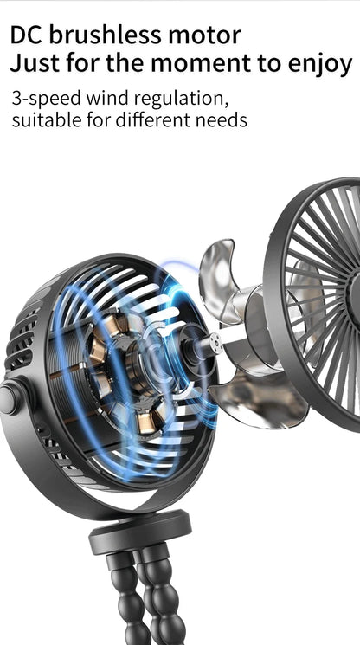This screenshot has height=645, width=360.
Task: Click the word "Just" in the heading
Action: point(34,63)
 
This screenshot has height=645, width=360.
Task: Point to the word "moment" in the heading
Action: point(200,64)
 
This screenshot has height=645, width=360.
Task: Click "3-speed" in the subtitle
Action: point(46,100)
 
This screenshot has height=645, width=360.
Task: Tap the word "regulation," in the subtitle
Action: point(182,100)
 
